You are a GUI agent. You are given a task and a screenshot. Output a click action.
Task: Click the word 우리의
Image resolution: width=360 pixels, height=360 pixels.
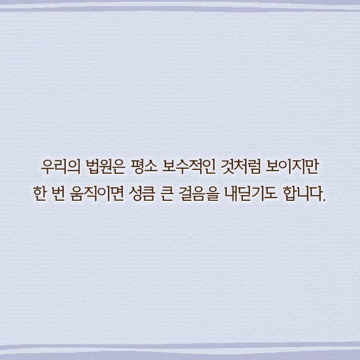pos(61,167)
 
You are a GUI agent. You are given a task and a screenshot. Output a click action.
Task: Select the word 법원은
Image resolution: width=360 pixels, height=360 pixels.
pos(105,167)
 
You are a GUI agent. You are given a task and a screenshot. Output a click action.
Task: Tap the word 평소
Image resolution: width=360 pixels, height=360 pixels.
pos(143,167)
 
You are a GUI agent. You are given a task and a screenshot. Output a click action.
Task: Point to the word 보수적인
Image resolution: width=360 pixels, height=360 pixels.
pos(189,167)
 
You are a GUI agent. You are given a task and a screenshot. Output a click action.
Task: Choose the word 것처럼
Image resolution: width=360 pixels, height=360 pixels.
pos(240,167)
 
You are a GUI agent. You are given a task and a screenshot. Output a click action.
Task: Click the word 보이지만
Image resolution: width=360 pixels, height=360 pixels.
pos(292,167)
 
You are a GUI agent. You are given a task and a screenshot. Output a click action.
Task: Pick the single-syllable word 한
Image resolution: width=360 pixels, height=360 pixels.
pos(39,193)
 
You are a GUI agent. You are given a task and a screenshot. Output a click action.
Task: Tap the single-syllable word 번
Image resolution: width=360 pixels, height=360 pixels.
pos(58,193)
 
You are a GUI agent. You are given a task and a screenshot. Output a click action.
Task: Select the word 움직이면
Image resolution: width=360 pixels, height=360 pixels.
pos(97,193)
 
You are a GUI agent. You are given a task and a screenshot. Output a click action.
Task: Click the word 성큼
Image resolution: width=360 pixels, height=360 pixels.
pos(142,193)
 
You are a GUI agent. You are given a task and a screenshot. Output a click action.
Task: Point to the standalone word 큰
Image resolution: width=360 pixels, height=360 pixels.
pos(166,193)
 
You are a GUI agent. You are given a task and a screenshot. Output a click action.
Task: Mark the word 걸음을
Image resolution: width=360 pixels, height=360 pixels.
pos(199,193)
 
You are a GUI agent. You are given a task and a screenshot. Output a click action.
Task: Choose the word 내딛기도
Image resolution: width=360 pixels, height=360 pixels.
pos(250,193)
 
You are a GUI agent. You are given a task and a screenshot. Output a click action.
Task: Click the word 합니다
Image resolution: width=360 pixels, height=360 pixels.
pos(302,193)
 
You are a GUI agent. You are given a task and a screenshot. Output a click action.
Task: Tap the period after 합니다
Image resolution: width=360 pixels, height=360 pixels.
pos(324,200)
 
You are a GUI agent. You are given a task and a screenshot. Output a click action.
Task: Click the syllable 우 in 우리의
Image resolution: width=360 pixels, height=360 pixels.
pos(47,167)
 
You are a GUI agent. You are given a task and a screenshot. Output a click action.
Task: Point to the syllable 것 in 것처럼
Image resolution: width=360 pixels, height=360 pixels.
pos(227,167)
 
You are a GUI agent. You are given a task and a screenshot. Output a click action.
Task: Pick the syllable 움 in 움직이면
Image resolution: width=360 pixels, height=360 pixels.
pos(76,193)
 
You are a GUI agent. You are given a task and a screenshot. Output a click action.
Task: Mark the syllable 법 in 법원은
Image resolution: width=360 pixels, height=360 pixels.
pos(92,167)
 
